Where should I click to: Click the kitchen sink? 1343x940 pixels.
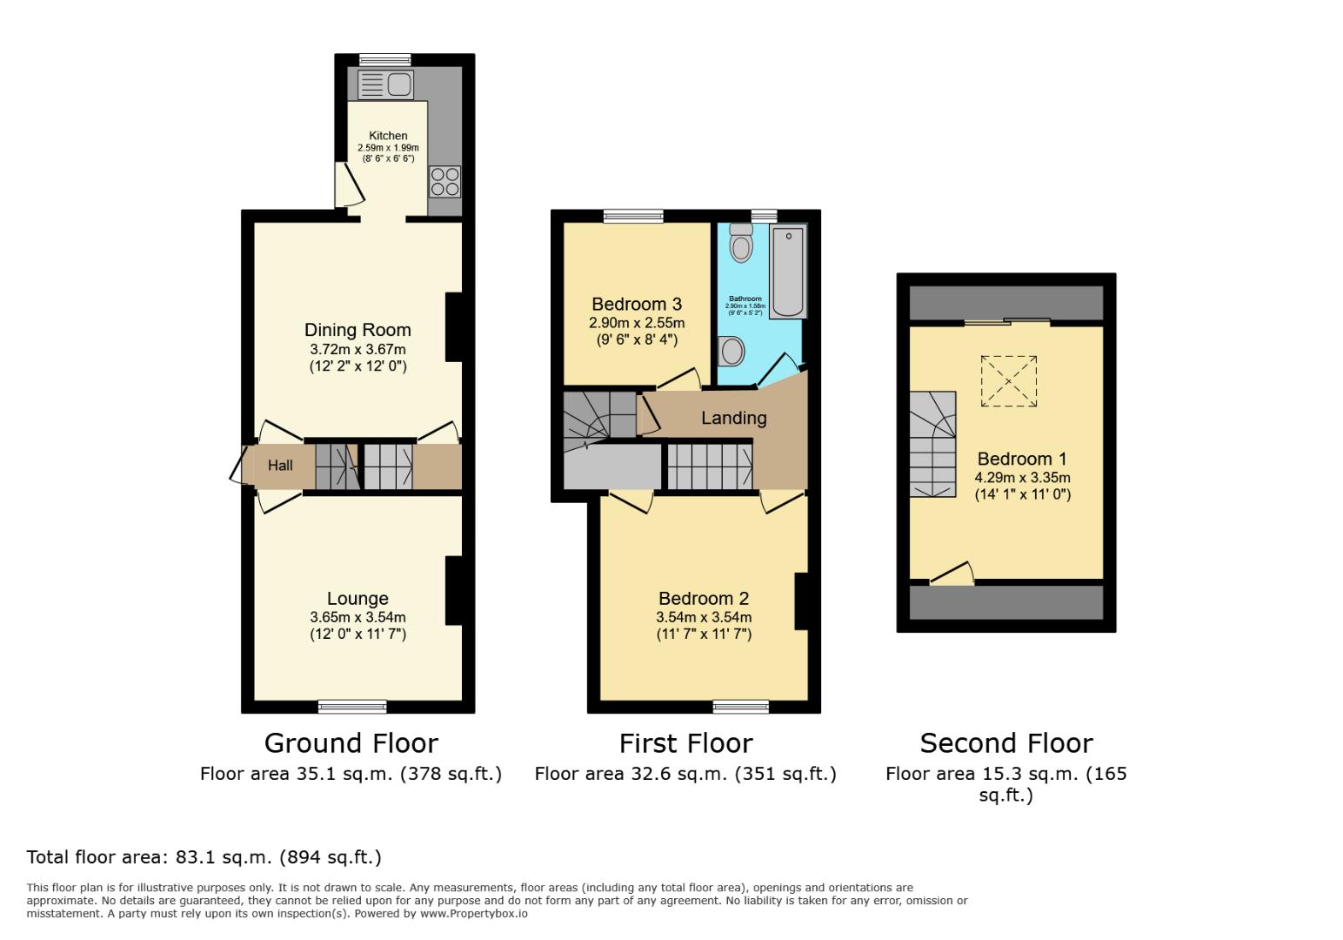385,85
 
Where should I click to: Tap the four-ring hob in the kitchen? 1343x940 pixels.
444,182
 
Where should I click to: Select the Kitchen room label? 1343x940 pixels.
388,136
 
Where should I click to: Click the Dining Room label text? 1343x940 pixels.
357,330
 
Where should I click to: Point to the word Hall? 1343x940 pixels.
280,466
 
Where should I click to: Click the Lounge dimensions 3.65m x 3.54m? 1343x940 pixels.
357,617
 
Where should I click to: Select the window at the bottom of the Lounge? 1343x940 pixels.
352,706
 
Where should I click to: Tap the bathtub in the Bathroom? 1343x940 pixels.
788,272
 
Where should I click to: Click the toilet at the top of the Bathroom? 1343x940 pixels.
741,243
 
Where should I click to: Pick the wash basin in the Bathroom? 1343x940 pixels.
732,352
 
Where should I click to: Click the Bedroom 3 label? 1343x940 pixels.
637,304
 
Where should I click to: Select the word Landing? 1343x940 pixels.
734,418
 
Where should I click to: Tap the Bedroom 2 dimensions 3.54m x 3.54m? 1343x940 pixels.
704,617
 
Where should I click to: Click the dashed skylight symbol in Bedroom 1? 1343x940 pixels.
1009,380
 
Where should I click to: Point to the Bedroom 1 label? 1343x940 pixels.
1022,459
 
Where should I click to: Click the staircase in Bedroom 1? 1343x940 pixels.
932,444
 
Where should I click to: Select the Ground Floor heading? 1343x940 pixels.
351,743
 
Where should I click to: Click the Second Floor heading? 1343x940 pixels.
1006,743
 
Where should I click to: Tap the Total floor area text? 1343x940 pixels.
204,857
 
